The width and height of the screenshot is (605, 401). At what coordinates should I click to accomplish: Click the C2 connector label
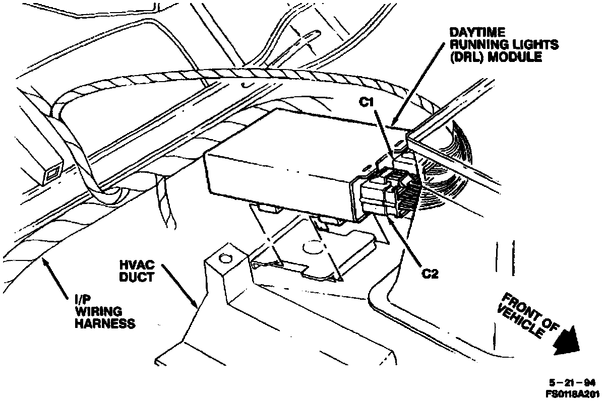(x=431, y=274)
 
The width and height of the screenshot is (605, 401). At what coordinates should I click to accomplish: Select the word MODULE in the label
(x=514, y=57)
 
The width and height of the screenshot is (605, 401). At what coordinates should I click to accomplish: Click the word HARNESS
(x=104, y=323)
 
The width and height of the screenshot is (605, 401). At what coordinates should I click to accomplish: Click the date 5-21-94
(x=569, y=383)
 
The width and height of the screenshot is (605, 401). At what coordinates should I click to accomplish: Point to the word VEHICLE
(x=520, y=322)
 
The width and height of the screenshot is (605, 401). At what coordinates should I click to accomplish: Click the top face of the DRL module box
(x=302, y=136)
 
